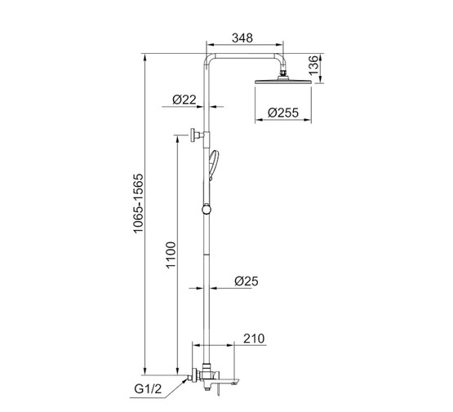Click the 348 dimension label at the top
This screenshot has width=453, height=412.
[x=242, y=38]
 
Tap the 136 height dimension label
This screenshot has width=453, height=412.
[x=313, y=65]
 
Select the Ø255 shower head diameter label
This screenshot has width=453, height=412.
[x=283, y=113]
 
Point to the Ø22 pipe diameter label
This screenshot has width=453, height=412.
[x=184, y=100]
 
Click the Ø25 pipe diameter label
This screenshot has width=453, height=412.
[x=246, y=281]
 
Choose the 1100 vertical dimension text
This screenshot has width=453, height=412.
[x=171, y=255]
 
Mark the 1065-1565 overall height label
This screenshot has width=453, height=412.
[x=138, y=203]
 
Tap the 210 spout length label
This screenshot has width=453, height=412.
[x=254, y=339]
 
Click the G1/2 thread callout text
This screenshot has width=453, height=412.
[x=148, y=389]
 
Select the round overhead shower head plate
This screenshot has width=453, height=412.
[x=283, y=82]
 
